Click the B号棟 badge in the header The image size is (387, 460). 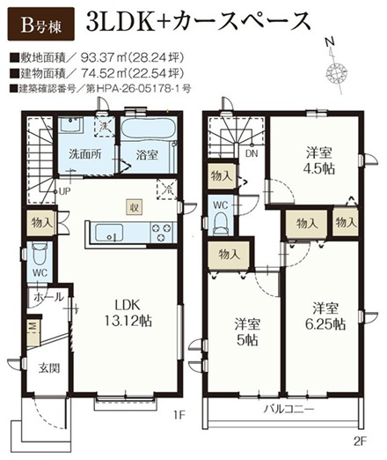pyautogui.click(x=40, y=24)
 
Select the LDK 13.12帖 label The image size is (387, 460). pyautogui.click(x=128, y=313)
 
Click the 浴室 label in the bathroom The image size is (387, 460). pyautogui.click(x=147, y=155)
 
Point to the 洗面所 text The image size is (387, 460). pyautogui.click(x=85, y=154)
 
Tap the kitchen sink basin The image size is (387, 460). pyautogui.click(x=109, y=233)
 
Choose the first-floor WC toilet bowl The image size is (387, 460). pyautogui.click(x=40, y=255)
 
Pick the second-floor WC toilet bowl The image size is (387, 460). pyautogui.click(x=221, y=224)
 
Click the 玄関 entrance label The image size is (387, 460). pyautogui.click(x=49, y=367)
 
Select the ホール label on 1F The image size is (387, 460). pyautogui.click(x=49, y=297)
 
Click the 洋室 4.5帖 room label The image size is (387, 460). pyautogui.click(x=320, y=161)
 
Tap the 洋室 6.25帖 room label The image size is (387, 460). pyautogui.click(x=325, y=316)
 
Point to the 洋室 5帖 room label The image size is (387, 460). pyautogui.click(x=247, y=332)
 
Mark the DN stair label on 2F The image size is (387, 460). pyautogui.click(x=252, y=153)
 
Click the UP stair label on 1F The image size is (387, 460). pyautogui.click(x=65, y=191)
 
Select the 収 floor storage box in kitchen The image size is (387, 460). pyautogui.click(x=135, y=207)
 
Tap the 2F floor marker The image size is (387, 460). pyautogui.click(x=359, y=441)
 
